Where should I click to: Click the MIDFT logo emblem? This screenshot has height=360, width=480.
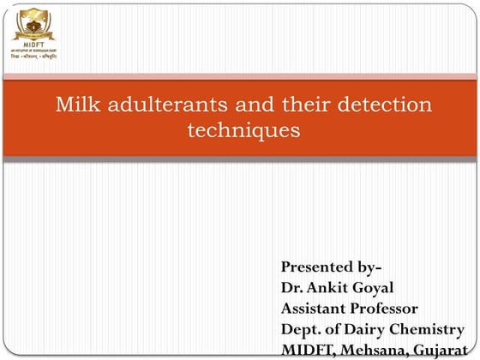tap(33, 21)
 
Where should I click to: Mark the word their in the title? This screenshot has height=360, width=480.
tap(292, 106)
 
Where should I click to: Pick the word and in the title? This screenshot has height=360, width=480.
tap(240, 106)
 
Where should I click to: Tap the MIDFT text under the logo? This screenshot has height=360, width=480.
tap(33, 39)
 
